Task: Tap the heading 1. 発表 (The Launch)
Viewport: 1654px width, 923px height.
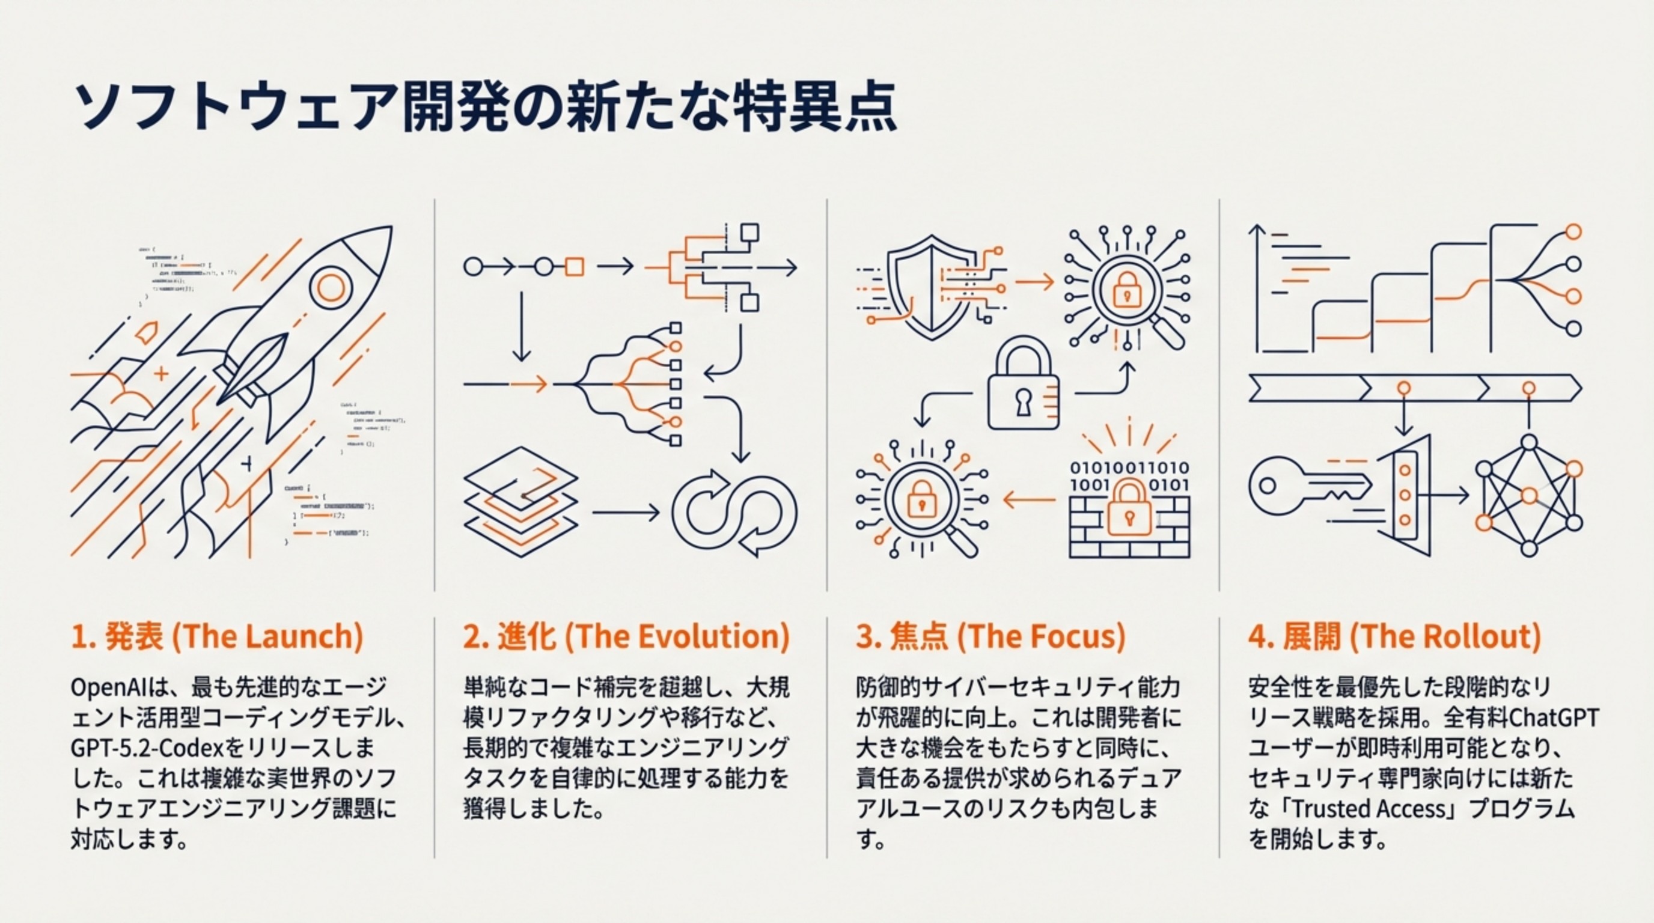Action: (217, 637)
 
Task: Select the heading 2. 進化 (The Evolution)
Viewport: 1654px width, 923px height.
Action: (626, 637)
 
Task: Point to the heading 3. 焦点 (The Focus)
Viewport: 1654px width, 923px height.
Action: (990, 637)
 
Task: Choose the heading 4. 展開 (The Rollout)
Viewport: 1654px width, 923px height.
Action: (1394, 637)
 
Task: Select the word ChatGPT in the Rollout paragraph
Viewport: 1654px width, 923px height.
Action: (1561, 717)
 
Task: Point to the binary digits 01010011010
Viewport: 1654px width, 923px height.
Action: (1129, 468)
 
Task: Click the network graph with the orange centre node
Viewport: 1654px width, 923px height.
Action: (1529, 495)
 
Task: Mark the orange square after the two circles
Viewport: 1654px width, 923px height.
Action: (575, 266)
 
